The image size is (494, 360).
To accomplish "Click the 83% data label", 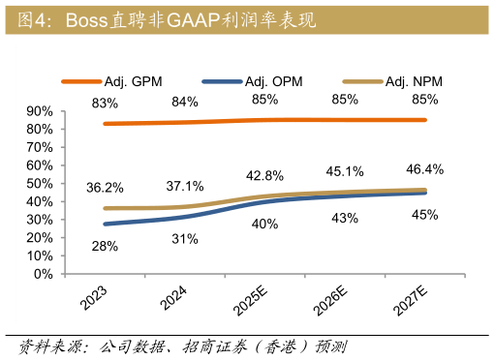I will (x=105, y=103).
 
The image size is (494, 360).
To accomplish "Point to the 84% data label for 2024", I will (x=184, y=102).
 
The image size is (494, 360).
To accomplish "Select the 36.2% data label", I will (x=105, y=188).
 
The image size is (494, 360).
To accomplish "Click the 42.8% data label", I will (x=264, y=175).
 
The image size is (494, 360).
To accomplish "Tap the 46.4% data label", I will (x=424, y=169).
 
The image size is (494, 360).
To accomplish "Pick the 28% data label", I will (x=105, y=247).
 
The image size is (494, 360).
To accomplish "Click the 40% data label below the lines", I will (x=264, y=225).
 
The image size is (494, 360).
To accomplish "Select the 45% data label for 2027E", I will (x=424, y=215).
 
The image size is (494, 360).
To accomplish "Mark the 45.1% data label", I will (x=344, y=171).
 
